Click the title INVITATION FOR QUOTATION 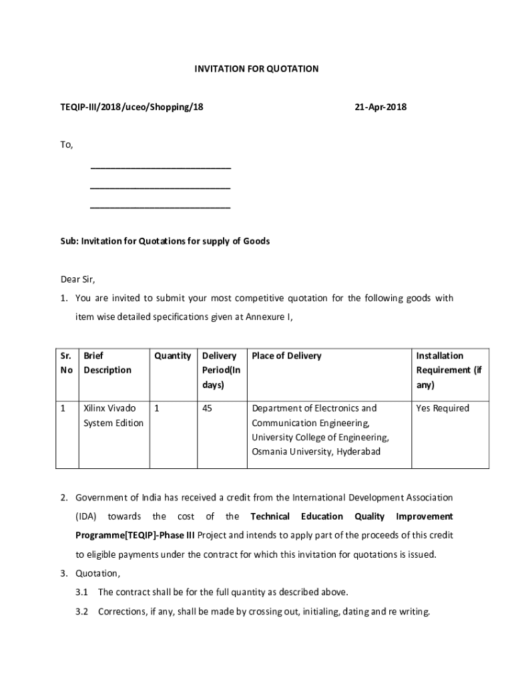pos(256,69)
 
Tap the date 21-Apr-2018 pos(380,107)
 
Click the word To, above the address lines pos(67,145)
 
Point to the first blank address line pos(160,167)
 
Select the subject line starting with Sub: pos(166,241)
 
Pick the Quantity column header pos(172,356)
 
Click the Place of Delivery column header pos(286,356)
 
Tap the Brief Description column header pos(107,363)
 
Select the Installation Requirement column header pos(449,370)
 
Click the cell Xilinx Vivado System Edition pos(113,415)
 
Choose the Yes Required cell pos(443,408)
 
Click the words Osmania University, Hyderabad pos(316,452)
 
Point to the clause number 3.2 pos(82,611)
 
